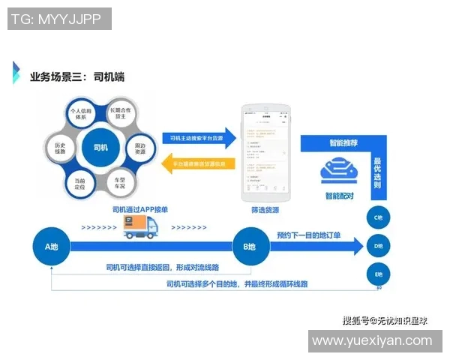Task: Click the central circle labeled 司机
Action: click(x=100, y=147)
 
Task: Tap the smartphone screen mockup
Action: click(x=265, y=150)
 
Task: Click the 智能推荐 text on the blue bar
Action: click(x=342, y=142)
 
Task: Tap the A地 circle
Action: click(x=51, y=246)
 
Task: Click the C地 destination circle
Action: click(x=379, y=217)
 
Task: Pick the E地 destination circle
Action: click(x=379, y=274)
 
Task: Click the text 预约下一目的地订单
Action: click(x=308, y=235)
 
